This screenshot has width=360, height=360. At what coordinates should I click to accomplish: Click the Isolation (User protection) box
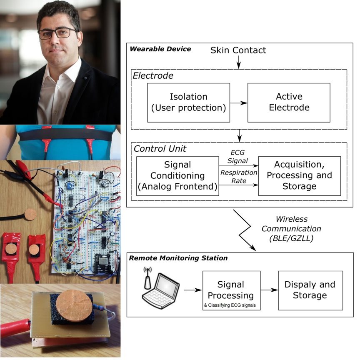[x=188, y=102]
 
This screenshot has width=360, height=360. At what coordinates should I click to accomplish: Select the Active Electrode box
[x=289, y=102]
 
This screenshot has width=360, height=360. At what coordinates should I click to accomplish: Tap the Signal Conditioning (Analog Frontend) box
[x=177, y=176]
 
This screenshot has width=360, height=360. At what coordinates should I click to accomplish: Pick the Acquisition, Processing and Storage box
[x=299, y=175]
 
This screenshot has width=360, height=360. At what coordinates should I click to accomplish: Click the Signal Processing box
[x=231, y=290]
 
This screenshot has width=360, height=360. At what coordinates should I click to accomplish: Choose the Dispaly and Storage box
[x=310, y=290]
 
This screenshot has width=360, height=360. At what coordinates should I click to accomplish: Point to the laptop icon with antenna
[x=159, y=289]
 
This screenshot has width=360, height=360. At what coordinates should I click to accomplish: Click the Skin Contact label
[x=238, y=50]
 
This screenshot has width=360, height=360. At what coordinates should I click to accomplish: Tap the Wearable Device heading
[x=160, y=49]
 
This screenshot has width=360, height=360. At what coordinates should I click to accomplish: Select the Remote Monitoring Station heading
[x=178, y=258]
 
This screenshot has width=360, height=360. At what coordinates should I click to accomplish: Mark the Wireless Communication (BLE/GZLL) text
[x=298, y=229]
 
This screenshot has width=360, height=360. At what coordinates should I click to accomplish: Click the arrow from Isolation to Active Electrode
[x=239, y=102]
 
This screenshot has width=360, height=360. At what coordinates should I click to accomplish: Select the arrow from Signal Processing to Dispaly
[x=269, y=290]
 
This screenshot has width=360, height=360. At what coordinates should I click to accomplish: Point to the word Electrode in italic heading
[x=153, y=76]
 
